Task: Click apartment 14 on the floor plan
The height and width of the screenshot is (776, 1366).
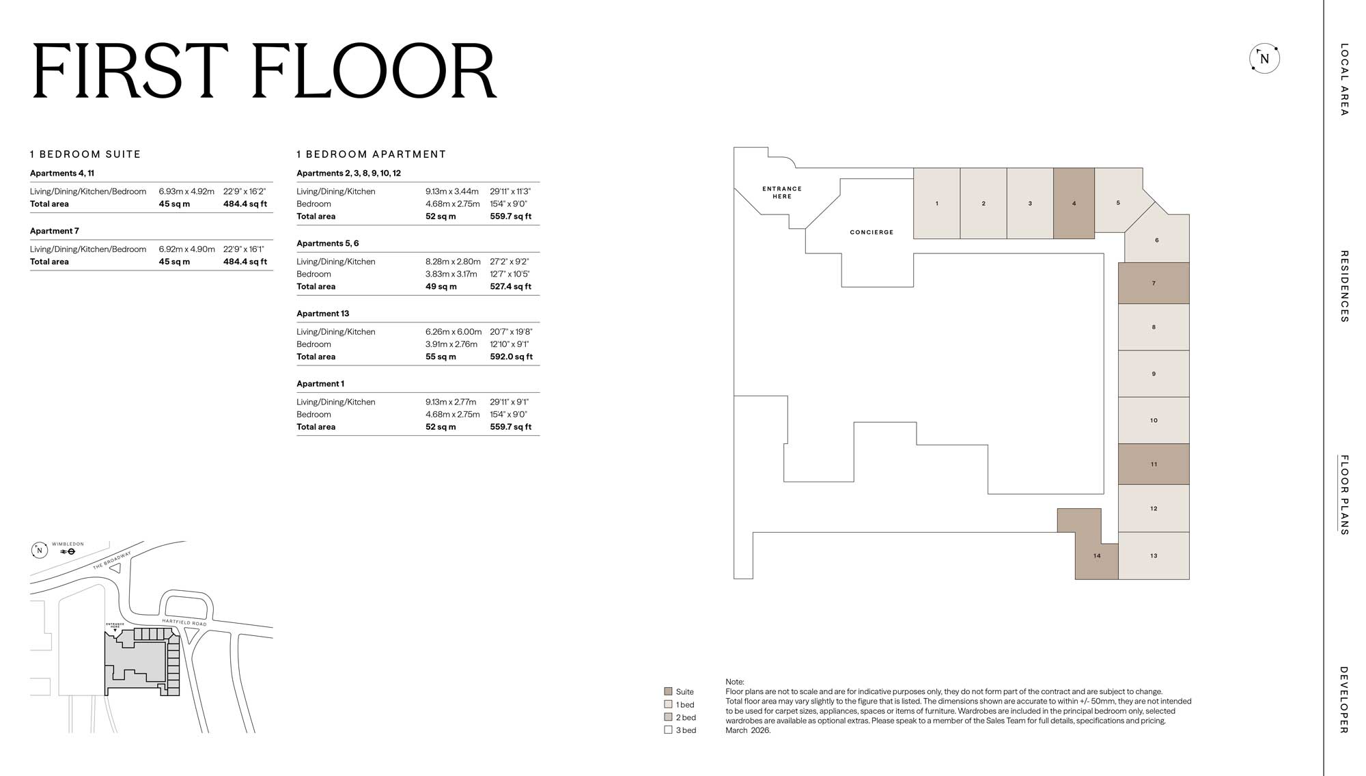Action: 1096,556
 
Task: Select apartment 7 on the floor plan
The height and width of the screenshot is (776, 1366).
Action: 1154,283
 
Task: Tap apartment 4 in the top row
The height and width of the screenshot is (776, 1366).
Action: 1074,204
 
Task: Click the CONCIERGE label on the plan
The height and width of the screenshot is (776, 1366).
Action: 872,232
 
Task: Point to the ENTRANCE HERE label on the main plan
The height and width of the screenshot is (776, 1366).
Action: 782,193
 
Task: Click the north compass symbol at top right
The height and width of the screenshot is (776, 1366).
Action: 1264,59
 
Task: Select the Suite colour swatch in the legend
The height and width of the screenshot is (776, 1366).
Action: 668,691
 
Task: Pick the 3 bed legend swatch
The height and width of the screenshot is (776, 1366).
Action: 668,730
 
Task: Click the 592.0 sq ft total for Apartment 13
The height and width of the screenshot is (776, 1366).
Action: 511,357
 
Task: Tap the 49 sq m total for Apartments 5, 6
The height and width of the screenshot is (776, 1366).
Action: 441,286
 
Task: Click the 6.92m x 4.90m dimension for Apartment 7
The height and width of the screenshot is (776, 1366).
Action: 186,249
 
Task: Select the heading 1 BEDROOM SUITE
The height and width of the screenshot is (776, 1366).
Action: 85,154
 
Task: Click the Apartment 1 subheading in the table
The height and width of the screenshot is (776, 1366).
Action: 320,384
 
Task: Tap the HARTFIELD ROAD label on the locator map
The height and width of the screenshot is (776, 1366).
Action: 184,622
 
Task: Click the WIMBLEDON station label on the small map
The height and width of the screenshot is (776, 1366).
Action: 68,544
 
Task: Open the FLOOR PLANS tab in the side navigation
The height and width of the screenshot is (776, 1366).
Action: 1343,495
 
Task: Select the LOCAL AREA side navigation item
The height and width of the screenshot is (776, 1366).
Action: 1343,79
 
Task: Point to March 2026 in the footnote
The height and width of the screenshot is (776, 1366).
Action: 748,730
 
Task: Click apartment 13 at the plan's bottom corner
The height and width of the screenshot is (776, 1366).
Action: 1154,556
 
